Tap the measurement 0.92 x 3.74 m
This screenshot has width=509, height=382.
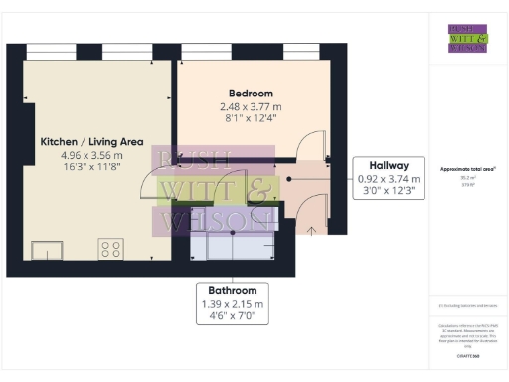(387, 180)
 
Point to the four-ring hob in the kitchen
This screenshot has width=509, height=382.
(109, 248)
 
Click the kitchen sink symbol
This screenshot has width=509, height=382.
(46, 248)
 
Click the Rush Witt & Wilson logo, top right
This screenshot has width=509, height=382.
(467, 37)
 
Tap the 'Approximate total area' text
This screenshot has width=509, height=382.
(467, 169)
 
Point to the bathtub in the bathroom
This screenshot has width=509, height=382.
(234, 243)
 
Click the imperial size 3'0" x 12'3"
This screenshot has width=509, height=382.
(387, 192)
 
